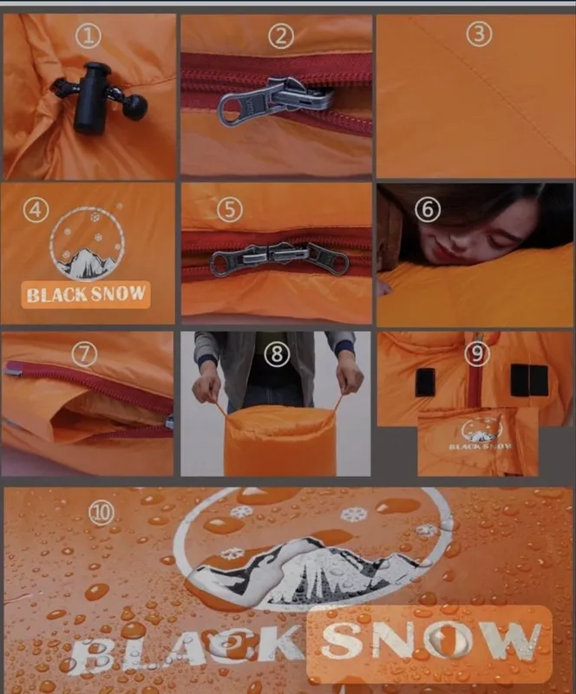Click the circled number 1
[88, 36]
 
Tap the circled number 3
[479, 34]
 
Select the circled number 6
[428, 209]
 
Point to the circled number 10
[101, 512]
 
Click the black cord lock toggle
[90, 97]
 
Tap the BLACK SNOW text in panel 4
[86, 294]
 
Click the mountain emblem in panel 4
[88, 243]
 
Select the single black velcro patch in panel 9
[425, 383]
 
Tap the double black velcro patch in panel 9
[528, 381]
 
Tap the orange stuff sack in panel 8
[280, 442]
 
